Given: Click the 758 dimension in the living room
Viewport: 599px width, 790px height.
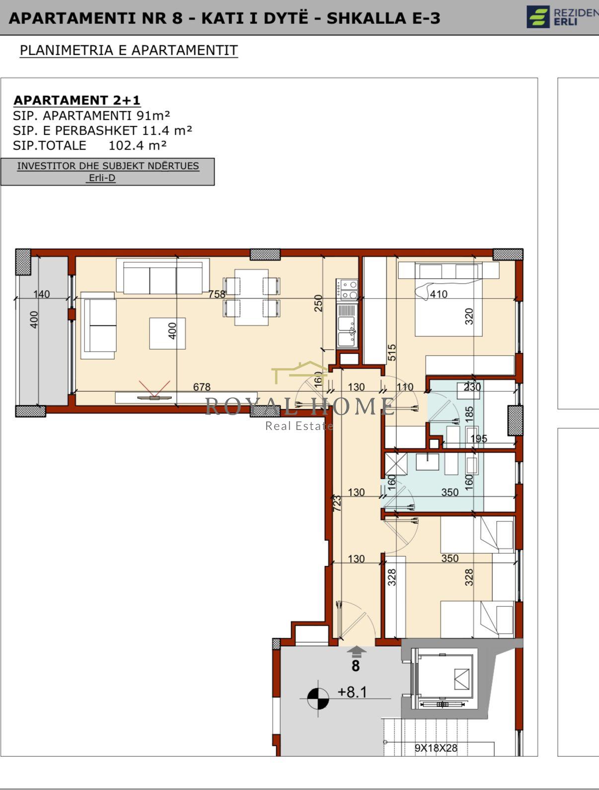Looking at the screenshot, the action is (217, 294).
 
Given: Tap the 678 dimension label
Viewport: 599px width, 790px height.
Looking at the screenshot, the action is (202, 387).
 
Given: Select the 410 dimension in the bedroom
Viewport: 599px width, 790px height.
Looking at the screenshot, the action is (439, 294).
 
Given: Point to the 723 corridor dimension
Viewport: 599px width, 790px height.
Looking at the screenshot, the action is (337, 503).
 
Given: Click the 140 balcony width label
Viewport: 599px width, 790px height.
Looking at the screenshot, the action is (41, 294).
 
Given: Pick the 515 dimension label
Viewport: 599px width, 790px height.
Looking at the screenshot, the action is (392, 353).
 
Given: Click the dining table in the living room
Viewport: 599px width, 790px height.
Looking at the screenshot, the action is (251, 297).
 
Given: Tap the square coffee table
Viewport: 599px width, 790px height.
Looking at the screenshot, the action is (167, 333).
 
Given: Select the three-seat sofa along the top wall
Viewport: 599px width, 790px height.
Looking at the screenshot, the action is (163, 276).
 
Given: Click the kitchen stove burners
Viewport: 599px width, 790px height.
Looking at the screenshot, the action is (347, 289).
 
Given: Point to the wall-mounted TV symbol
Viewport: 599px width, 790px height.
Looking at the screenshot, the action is (154, 397).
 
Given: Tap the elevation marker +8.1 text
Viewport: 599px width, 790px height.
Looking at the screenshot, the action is (352, 692).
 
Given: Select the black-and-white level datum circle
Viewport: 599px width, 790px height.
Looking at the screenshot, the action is (318, 699).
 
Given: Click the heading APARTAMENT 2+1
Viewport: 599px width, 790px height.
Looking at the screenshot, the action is (76, 100).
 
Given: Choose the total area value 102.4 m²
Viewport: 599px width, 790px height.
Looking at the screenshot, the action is (138, 145).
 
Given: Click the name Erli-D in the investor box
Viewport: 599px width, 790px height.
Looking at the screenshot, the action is (102, 178).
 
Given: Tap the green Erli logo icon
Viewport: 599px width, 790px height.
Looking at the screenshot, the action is (538, 16).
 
